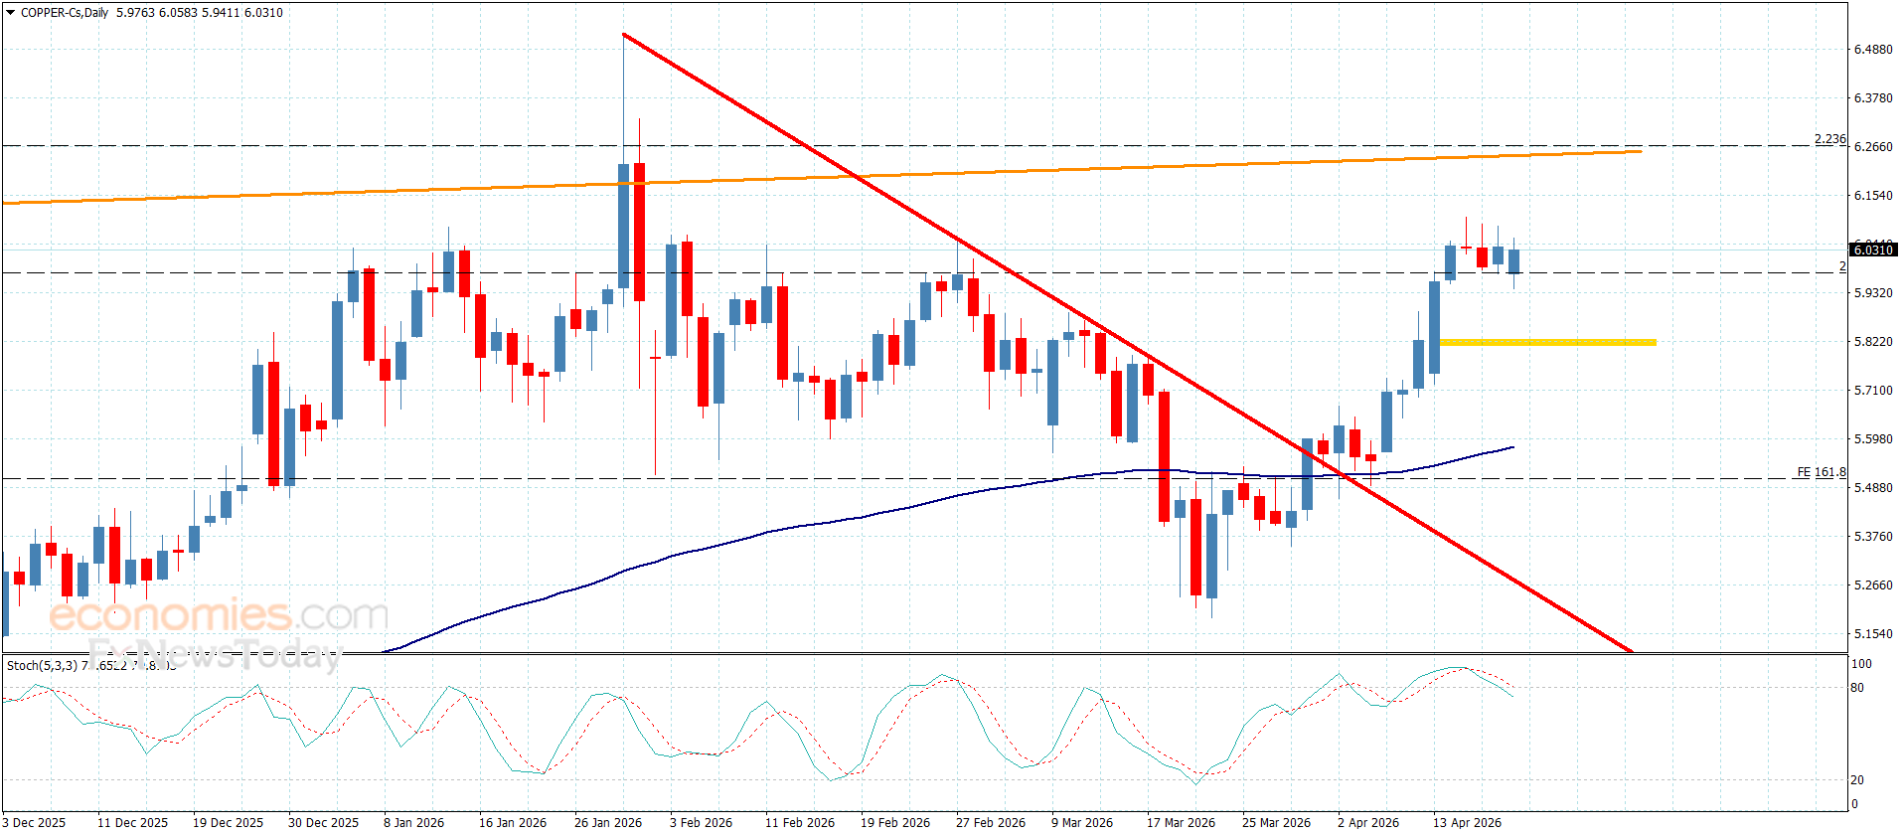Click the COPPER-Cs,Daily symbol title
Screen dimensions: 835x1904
[x=65, y=13]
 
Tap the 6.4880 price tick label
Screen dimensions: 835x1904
[x=1873, y=50]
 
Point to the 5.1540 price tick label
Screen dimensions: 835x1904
[x=1873, y=634]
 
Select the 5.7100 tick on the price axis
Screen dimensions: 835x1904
[x=1873, y=391]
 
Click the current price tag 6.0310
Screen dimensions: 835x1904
[x=1873, y=250]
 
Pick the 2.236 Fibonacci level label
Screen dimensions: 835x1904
[x=1829, y=139]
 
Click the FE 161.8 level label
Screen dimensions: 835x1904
[x=1821, y=472]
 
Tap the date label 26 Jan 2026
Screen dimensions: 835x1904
[x=608, y=822]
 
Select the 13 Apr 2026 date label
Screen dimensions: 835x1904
[x=1467, y=822]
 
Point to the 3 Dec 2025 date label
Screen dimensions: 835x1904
[x=36, y=822]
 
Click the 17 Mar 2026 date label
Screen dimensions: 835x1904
[x=1181, y=822]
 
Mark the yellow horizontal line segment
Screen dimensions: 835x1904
[x=1547, y=342]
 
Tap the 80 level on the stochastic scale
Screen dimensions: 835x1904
[x=1857, y=688]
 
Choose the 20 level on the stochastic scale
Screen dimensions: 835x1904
[x=1857, y=780]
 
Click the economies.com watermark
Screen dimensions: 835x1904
[x=219, y=615]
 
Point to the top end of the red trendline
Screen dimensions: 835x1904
[x=623, y=35]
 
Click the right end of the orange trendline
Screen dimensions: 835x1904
[x=1640, y=151]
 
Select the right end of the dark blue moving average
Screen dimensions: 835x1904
[x=1512, y=447]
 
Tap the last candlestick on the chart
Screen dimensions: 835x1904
[x=1513, y=261]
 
